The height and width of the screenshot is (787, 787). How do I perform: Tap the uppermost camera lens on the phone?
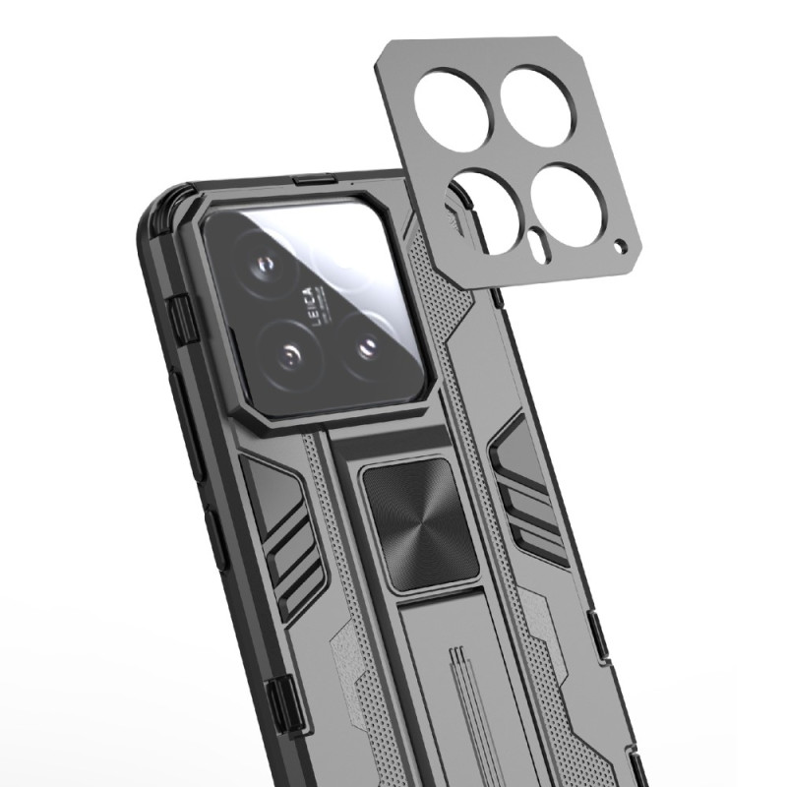268,267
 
